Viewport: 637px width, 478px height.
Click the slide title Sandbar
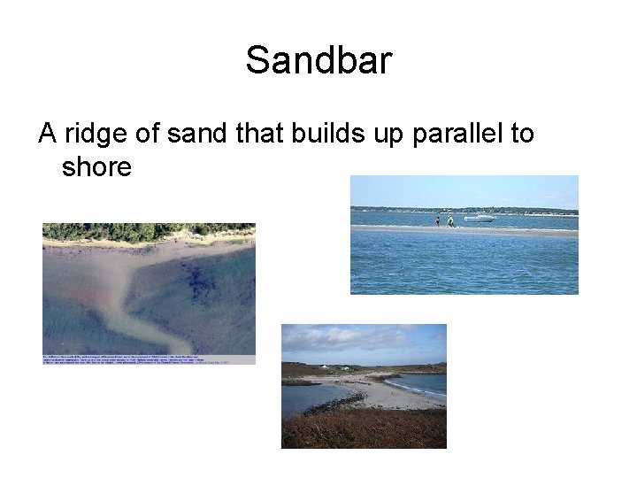tap(318, 61)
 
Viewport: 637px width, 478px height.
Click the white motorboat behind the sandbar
tap(479, 217)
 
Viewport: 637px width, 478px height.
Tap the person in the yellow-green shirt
tap(450, 220)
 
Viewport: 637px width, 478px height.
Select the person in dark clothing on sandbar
tap(437, 220)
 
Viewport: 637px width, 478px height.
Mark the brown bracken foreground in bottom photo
tap(363, 429)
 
